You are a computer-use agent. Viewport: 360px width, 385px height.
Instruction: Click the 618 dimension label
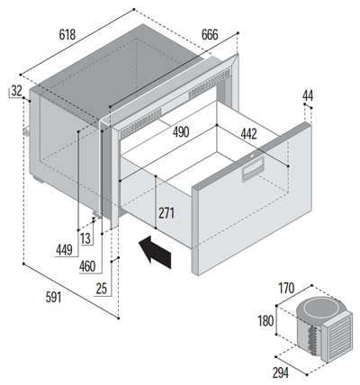(67, 35)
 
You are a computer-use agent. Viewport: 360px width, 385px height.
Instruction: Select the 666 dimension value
(210, 34)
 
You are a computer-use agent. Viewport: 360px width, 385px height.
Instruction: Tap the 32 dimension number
(16, 91)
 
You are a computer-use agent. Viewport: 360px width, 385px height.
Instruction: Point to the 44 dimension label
(308, 95)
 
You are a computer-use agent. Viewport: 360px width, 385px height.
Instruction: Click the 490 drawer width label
(181, 132)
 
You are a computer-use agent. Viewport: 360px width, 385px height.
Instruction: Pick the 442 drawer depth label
(248, 134)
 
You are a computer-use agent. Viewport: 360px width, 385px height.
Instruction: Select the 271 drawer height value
(166, 213)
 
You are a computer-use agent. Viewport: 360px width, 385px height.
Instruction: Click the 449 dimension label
(64, 250)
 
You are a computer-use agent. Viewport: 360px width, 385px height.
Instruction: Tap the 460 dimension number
(87, 266)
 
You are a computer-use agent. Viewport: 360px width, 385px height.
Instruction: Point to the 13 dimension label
(85, 238)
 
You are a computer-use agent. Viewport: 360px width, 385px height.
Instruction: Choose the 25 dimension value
(102, 289)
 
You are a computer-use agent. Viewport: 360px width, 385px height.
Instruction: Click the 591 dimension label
(53, 298)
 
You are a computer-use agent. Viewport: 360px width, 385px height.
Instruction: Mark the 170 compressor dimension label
(286, 289)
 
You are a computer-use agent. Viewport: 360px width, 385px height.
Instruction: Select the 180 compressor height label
(265, 321)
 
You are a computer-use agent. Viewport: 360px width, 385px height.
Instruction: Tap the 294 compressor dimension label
(281, 372)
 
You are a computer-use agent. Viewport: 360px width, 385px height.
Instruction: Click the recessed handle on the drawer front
(253, 169)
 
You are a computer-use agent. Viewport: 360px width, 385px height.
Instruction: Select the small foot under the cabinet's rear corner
(38, 180)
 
